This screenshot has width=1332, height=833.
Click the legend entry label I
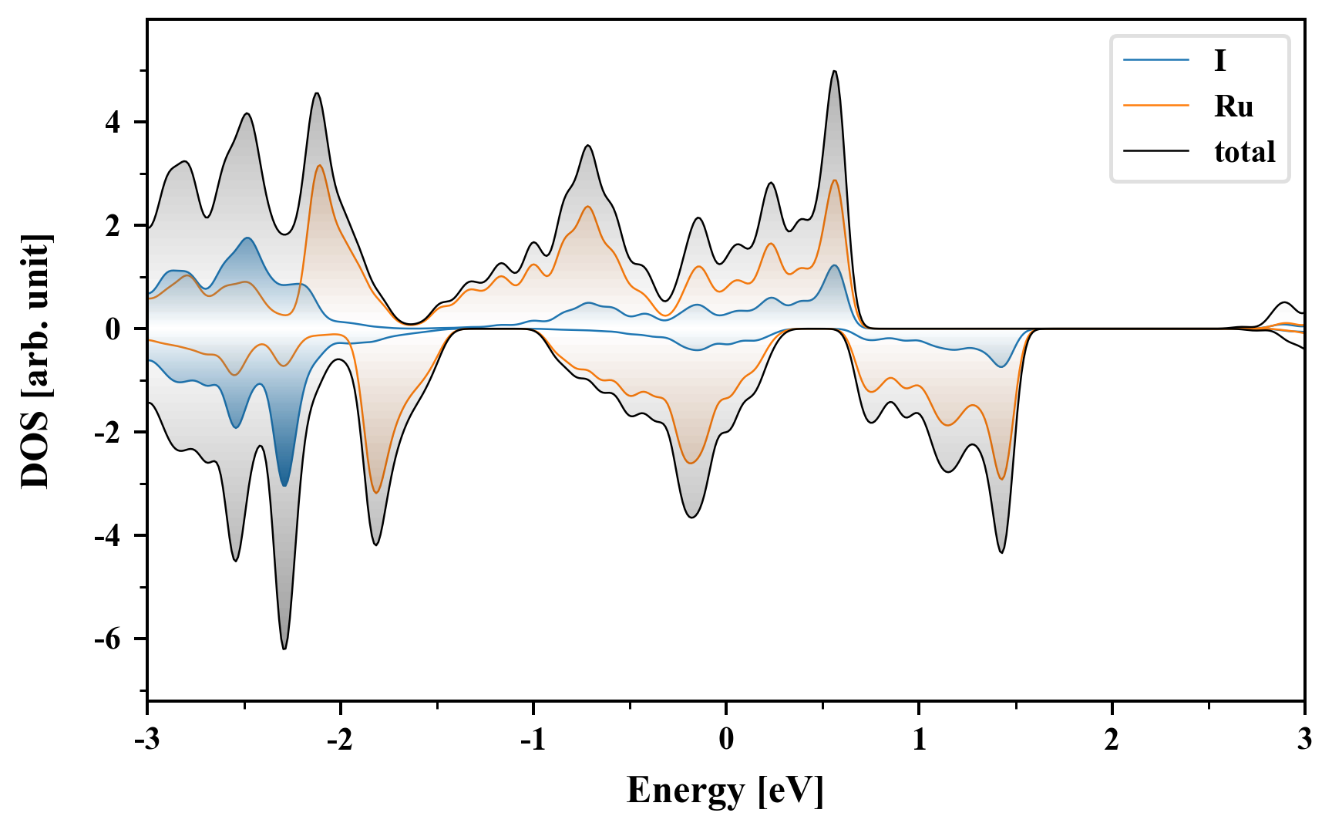click(x=1219, y=61)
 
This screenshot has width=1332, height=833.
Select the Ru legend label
click(x=1233, y=106)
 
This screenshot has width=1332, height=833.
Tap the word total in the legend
click(x=1244, y=152)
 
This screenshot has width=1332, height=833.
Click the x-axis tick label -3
click(x=146, y=740)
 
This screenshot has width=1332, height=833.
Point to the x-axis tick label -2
click(x=339, y=740)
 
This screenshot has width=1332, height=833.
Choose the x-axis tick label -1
click(x=532, y=740)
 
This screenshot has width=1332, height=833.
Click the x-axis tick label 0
click(x=726, y=740)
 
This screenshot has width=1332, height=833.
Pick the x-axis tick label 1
click(x=919, y=740)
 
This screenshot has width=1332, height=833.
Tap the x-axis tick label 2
click(x=1112, y=740)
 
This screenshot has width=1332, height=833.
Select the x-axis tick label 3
click(x=1304, y=740)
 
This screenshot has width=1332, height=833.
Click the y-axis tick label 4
click(x=114, y=123)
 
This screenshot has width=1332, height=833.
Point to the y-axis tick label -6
click(x=109, y=639)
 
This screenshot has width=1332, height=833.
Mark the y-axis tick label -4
click(x=109, y=536)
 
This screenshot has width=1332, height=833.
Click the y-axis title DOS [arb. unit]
click(x=35, y=360)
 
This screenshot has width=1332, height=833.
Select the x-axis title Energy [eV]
click(x=725, y=791)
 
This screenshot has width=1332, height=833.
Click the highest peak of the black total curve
click(x=834, y=71)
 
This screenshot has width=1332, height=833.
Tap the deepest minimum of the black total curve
click(x=284, y=649)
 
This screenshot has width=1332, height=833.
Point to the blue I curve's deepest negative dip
click(x=284, y=485)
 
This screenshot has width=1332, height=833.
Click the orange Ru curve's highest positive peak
click(x=319, y=165)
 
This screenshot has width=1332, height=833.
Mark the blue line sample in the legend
click(x=1155, y=61)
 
